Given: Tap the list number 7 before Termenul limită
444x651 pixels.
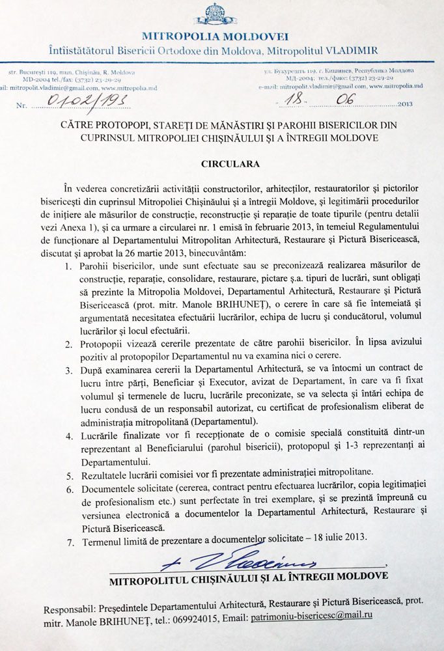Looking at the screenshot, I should tap(70, 538).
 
